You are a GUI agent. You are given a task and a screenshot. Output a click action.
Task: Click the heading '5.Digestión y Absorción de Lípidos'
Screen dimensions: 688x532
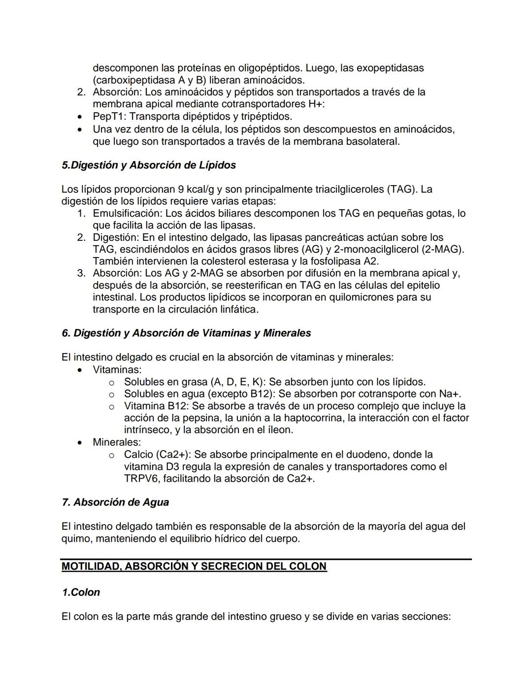(x=148, y=165)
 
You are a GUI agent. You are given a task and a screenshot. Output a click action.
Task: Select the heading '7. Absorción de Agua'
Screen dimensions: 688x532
(x=115, y=502)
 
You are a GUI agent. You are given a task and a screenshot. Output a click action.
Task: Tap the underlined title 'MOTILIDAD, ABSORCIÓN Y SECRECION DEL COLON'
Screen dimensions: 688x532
(x=194, y=566)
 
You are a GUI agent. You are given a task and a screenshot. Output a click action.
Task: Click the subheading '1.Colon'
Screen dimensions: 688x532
(x=81, y=592)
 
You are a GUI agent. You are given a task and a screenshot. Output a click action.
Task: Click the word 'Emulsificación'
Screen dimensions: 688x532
(x=127, y=214)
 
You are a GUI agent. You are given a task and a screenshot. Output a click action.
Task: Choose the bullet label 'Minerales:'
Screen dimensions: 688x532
(x=117, y=442)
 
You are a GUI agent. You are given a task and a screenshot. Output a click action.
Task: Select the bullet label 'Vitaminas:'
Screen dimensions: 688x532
(x=117, y=370)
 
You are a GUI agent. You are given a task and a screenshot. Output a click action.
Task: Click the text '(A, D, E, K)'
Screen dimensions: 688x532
(x=236, y=382)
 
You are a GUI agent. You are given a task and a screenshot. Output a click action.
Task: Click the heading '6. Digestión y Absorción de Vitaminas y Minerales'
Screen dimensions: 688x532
(x=186, y=333)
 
